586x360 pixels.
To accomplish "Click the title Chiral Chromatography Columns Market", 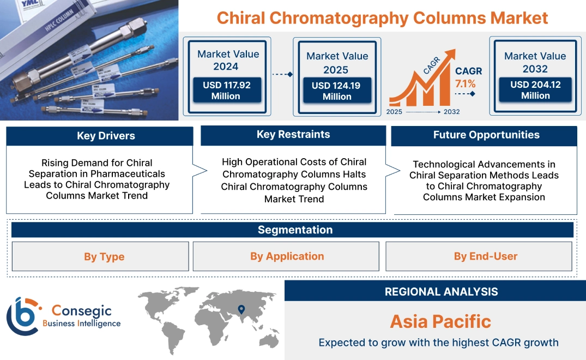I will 382,17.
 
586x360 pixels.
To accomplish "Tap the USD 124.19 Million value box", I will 337,91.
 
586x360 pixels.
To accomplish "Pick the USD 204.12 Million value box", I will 535,90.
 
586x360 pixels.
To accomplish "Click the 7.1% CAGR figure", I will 465,83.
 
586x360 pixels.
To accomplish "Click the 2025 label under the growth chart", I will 395,112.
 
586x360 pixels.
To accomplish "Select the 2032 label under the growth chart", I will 451,112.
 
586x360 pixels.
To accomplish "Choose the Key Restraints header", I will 293,135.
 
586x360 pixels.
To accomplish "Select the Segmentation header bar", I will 295,230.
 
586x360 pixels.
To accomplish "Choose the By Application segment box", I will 287,256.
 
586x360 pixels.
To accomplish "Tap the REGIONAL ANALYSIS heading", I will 441,292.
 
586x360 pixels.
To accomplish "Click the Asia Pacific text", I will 440,321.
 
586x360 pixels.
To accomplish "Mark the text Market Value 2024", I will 228,60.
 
